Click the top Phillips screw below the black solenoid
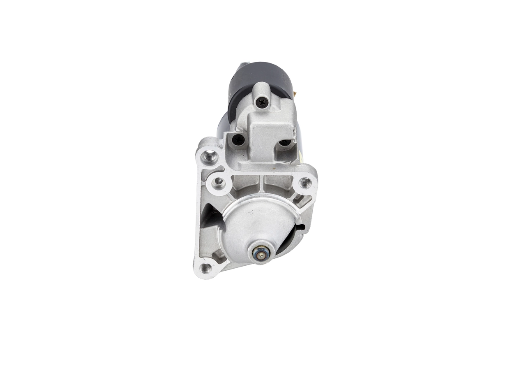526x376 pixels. point(262,102)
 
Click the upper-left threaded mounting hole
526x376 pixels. point(210,156)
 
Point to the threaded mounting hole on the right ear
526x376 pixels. point(305,182)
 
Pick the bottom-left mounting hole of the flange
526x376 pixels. point(206,268)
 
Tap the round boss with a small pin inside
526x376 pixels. point(218,181)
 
